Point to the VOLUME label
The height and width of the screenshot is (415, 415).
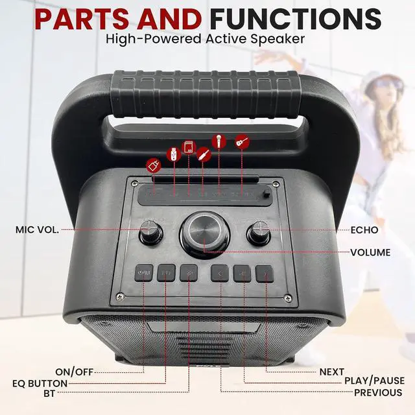click(x=371, y=252)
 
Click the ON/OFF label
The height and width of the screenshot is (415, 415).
click(x=74, y=372)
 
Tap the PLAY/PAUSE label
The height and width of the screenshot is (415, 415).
click(x=374, y=381)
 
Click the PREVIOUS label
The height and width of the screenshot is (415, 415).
click(x=377, y=392)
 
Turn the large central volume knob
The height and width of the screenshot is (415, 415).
click(x=205, y=232)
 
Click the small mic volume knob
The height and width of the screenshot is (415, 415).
click(x=151, y=230)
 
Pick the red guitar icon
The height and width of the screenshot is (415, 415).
click(x=242, y=141)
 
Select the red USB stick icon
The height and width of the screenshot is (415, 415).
click(x=172, y=155)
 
